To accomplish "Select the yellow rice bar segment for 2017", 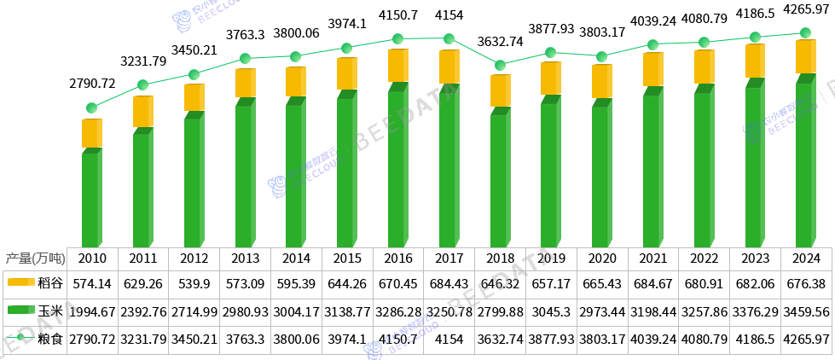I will pos(449,67).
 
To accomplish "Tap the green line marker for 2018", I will pos(501,65).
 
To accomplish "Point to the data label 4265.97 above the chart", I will pos(805,9).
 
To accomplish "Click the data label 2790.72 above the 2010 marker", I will pos(92,84).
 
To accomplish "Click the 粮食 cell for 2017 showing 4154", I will pos(449,340).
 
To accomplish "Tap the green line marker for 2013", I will pos(245,59).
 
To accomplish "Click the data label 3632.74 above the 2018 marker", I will pos(501,40).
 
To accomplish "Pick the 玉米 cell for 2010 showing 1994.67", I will pos(91,311).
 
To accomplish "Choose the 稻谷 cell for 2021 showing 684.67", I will pos(653,282).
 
